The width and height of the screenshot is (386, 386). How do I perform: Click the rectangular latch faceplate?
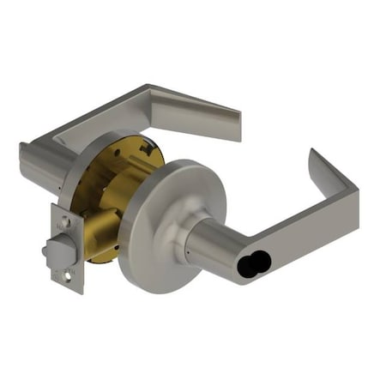tap(67, 249)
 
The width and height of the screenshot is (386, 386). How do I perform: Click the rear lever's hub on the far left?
tap(39, 163)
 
